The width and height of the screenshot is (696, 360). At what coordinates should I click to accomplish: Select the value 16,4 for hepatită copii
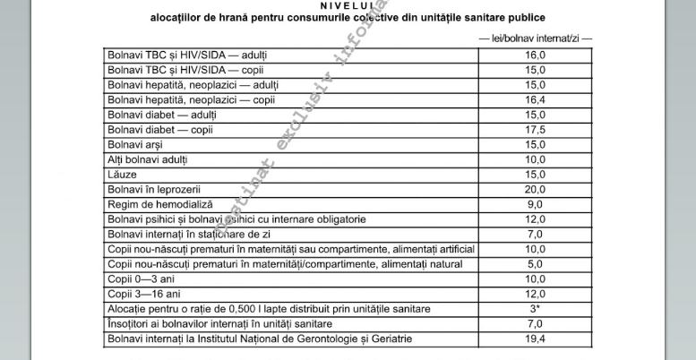click(535, 99)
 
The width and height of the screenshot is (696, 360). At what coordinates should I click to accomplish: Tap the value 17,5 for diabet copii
click(535, 130)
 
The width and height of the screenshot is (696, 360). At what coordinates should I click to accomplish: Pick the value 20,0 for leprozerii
click(535, 190)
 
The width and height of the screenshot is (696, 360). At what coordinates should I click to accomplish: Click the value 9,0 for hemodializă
click(535, 204)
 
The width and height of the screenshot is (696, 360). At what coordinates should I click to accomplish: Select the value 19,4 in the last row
click(535, 339)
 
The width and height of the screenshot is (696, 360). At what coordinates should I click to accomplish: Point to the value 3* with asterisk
click(535, 308)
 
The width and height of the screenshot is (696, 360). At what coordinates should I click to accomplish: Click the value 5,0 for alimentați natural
click(535, 264)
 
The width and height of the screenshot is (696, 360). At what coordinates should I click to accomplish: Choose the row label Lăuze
click(123, 175)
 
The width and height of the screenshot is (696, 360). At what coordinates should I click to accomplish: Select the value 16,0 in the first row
click(535, 55)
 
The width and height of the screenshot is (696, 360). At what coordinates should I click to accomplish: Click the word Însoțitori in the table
click(131, 323)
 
